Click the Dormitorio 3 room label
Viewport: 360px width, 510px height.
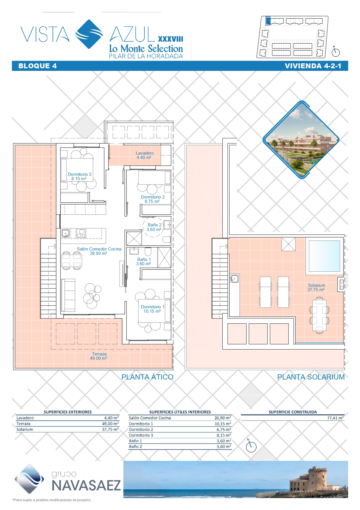pos(79,176)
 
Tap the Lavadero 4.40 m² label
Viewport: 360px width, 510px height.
pos(145,155)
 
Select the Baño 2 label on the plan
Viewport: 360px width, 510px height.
pos(154,227)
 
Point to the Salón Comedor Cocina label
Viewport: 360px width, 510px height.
pos(99,251)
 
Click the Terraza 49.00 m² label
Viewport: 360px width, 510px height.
pos(99,356)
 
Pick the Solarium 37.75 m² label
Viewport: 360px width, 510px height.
pos(316,287)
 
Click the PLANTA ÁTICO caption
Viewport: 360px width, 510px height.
pos(147,377)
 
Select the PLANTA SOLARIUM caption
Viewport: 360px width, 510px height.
pos(311,377)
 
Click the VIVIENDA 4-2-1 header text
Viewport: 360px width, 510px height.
pos(313,66)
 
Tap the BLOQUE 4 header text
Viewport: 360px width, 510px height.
pos(37,66)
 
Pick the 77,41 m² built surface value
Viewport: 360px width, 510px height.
pos(335,418)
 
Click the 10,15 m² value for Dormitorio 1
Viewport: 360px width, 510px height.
pos(223,424)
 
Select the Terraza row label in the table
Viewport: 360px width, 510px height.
pos(23,424)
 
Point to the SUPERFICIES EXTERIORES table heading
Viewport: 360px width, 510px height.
pos(68,412)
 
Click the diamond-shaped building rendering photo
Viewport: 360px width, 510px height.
pos(301,140)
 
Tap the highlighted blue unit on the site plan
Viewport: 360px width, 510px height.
pos(269,21)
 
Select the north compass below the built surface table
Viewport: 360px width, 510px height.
pos(251,447)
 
